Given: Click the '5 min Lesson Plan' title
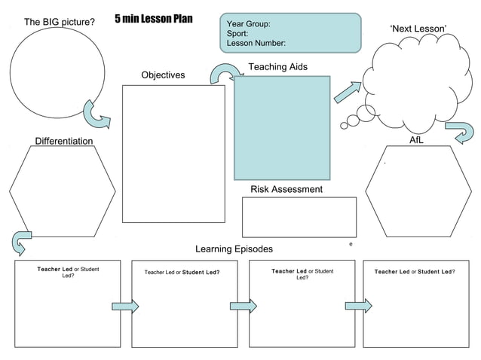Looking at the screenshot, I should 155,19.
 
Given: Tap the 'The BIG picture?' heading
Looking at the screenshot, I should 60,22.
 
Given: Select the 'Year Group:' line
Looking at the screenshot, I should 249,24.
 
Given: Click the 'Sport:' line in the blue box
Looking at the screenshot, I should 237,34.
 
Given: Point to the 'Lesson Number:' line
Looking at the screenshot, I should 256,44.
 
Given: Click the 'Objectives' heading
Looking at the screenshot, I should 163,75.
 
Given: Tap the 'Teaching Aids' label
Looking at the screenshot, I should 277,67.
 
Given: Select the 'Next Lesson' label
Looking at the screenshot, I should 418,29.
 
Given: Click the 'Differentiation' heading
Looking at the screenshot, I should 64,141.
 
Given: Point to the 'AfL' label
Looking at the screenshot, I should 416,140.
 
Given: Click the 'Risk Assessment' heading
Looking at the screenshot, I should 286,189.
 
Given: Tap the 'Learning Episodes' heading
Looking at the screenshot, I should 234,249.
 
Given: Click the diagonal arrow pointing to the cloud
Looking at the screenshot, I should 348,91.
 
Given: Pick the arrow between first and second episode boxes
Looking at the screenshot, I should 126,306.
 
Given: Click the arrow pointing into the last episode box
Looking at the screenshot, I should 358,306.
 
